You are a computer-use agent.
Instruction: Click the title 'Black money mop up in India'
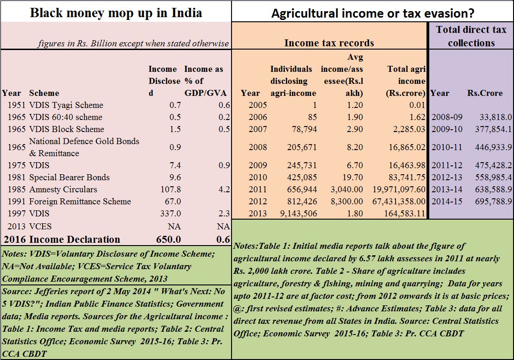[x=116, y=13]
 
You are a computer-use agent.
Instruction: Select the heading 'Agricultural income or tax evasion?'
[x=373, y=13]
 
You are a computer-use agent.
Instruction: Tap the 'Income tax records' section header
[x=329, y=43]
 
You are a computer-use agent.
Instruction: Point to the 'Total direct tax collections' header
[x=471, y=36]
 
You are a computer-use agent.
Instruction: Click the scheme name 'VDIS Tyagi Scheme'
[x=66, y=105]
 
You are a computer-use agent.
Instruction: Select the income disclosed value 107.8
[x=170, y=189]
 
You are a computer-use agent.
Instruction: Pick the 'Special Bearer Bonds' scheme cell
[x=69, y=177]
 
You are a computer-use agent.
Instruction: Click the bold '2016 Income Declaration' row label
[x=62, y=240]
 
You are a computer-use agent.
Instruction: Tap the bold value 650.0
[x=169, y=240]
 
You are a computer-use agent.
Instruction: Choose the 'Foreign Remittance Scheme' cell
[x=80, y=201]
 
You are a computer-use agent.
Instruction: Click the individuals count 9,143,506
[x=299, y=214]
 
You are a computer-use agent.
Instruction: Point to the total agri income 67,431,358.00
[x=399, y=201]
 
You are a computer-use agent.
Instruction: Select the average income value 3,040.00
[x=347, y=189]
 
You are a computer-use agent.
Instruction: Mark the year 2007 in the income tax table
[x=257, y=129]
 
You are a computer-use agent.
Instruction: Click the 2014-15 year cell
[x=447, y=201]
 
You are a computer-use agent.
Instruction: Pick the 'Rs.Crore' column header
[x=485, y=93]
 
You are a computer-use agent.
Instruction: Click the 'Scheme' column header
[x=44, y=93]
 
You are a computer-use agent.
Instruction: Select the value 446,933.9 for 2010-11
[x=493, y=147]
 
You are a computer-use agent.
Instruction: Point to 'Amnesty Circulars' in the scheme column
[x=63, y=189]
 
